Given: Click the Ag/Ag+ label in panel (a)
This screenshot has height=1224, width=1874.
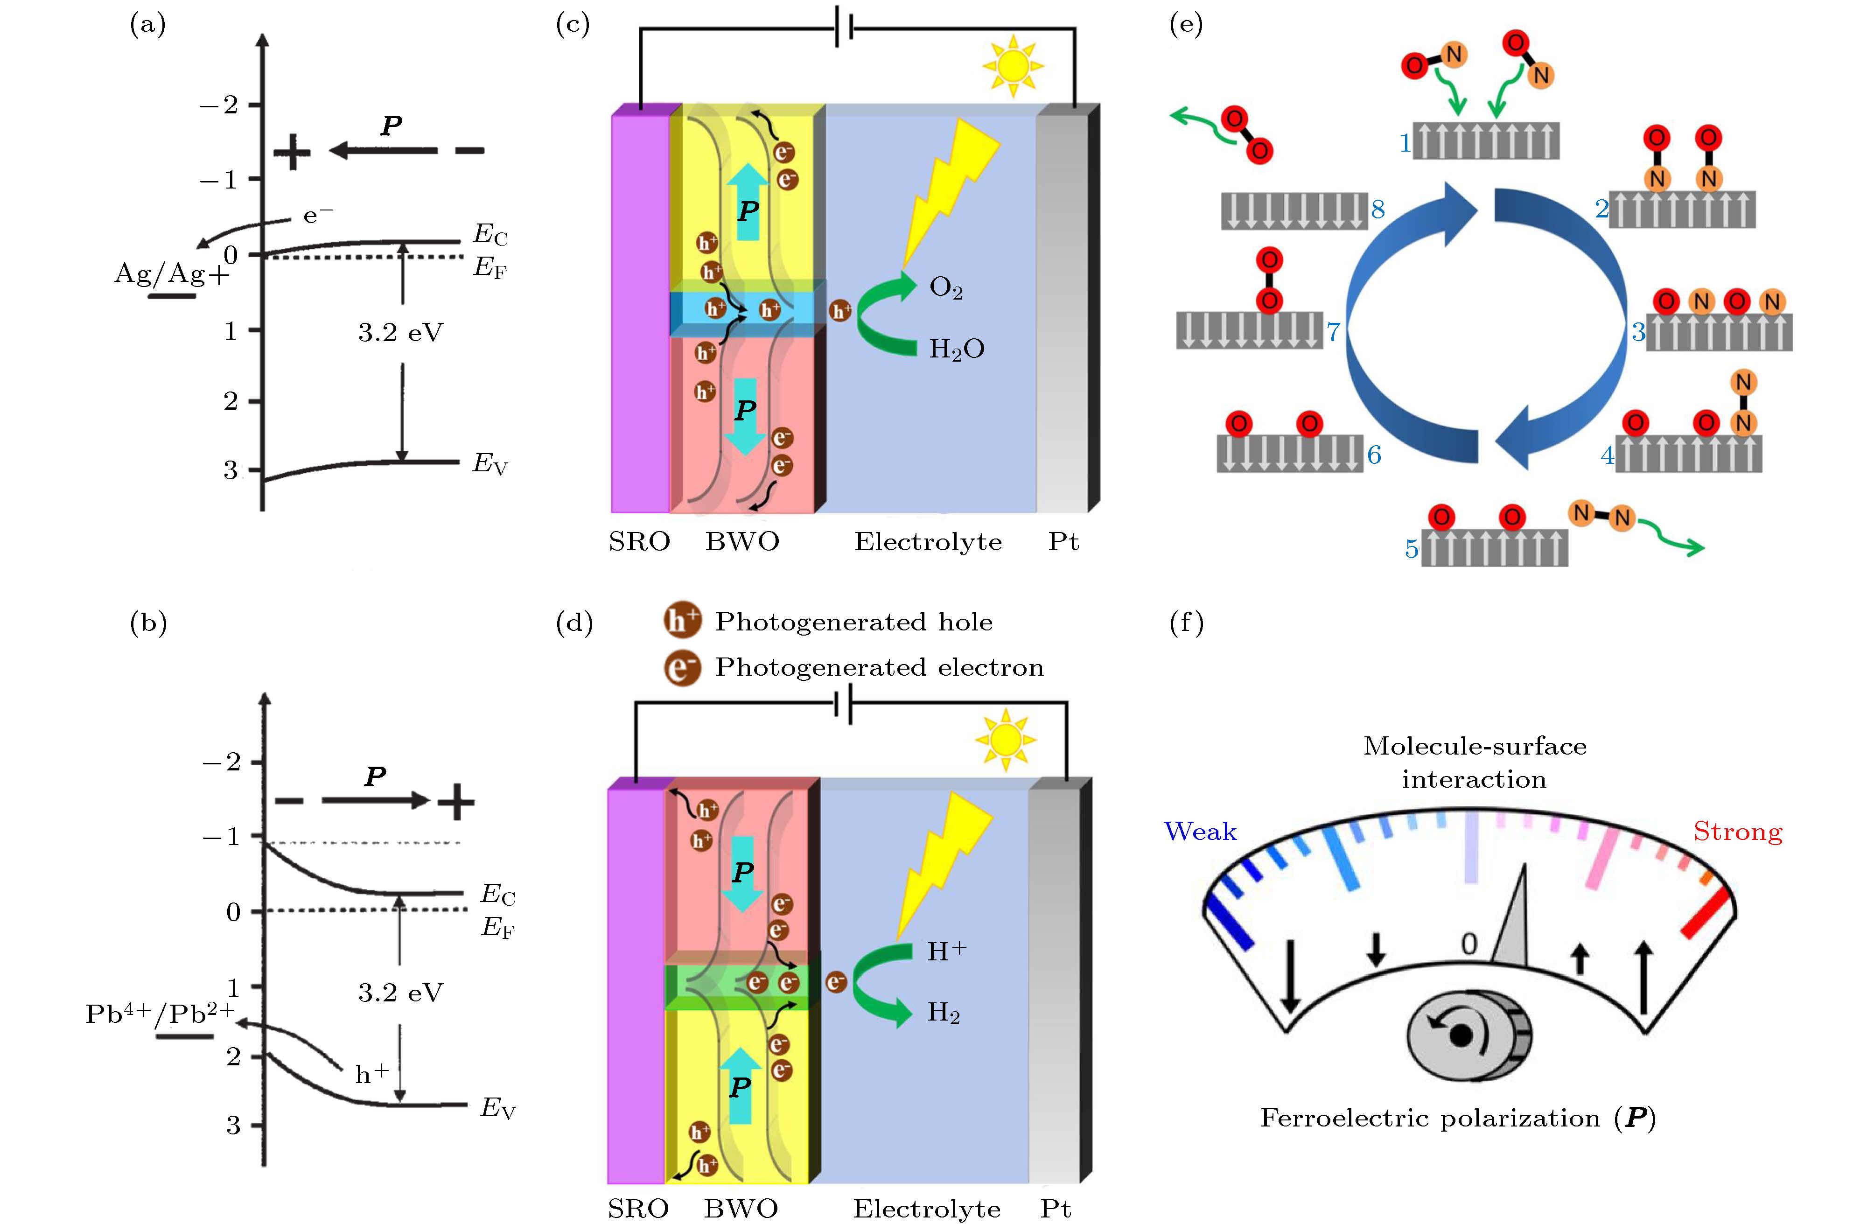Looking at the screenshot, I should click(x=172, y=274).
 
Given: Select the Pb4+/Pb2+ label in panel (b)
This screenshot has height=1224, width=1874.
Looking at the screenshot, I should click(x=160, y=1014).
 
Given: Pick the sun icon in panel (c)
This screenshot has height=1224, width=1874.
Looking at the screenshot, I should click(x=1013, y=65).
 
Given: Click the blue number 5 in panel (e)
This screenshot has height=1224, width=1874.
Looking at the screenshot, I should click(x=1412, y=549).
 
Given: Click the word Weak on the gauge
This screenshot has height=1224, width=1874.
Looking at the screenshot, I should click(x=1200, y=832).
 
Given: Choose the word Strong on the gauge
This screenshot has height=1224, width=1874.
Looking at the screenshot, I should click(x=1738, y=832).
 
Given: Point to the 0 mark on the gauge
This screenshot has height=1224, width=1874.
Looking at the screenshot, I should click(x=1468, y=944).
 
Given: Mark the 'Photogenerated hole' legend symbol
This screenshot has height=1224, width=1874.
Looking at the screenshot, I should click(x=682, y=621).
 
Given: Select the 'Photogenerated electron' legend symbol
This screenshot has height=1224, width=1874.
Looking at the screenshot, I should click(x=682, y=667).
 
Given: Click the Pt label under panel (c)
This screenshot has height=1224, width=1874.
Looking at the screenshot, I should click(x=1063, y=542).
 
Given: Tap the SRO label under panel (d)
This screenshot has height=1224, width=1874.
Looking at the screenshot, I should click(x=638, y=1208).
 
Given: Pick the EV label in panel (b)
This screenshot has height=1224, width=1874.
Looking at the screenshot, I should click(x=497, y=1109).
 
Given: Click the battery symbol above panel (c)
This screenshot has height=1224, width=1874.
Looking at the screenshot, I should click(x=845, y=29).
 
